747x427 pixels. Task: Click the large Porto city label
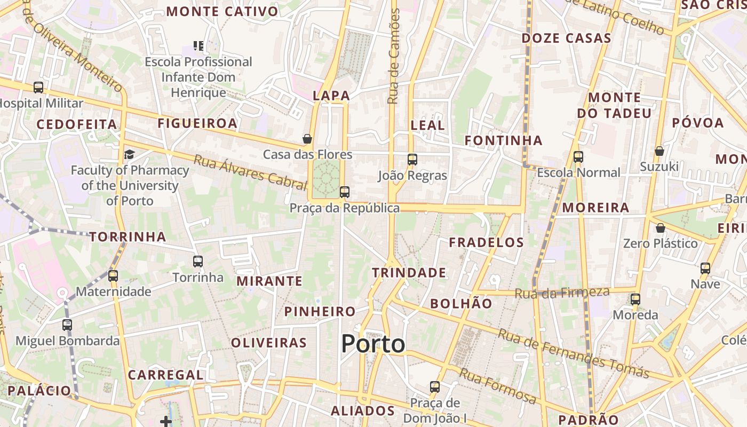click(x=373, y=344)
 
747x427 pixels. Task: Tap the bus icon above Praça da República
click(x=345, y=192)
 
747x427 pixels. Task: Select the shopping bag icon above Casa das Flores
click(x=307, y=139)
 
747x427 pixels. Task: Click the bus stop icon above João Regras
click(x=412, y=159)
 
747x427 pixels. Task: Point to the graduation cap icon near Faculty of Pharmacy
click(x=129, y=155)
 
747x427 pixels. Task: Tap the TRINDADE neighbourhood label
click(x=409, y=273)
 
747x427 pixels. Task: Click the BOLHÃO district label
click(x=461, y=304)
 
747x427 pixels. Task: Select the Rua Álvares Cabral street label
click(x=250, y=172)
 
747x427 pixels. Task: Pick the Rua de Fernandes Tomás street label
click(x=573, y=353)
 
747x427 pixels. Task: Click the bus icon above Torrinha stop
click(x=198, y=262)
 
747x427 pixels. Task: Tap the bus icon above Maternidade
click(x=113, y=276)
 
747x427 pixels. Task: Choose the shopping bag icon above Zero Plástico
click(x=661, y=228)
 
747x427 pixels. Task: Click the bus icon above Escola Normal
click(x=578, y=157)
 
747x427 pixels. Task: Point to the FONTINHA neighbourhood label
click(x=503, y=140)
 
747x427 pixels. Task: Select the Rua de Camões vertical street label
click(x=394, y=56)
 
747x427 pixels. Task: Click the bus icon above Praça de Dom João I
click(x=435, y=386)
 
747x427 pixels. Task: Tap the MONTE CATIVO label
click(x=222, y=11)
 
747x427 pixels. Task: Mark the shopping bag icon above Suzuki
click(x=659, y=151)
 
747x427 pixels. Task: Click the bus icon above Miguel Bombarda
click(x=67, y=325)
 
